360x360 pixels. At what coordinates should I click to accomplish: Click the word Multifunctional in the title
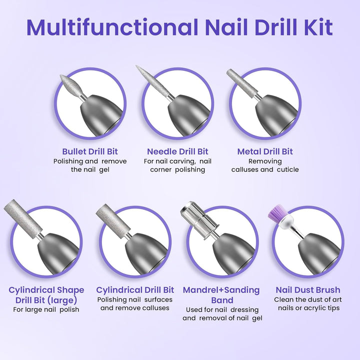click(112, 27)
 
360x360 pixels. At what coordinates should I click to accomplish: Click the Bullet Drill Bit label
click(90, 151)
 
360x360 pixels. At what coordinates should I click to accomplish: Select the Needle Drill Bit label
click(177, 151)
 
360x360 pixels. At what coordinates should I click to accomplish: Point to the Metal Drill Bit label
click(265, 151)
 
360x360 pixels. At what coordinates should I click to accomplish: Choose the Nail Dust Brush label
click(308, 289)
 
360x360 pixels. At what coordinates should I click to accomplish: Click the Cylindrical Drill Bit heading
click(135, 289)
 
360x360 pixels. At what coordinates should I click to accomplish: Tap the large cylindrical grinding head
click(23, 216)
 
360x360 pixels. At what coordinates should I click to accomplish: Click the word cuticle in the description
click(288, 169)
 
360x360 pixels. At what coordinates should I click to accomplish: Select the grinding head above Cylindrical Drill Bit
click(113, 218)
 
